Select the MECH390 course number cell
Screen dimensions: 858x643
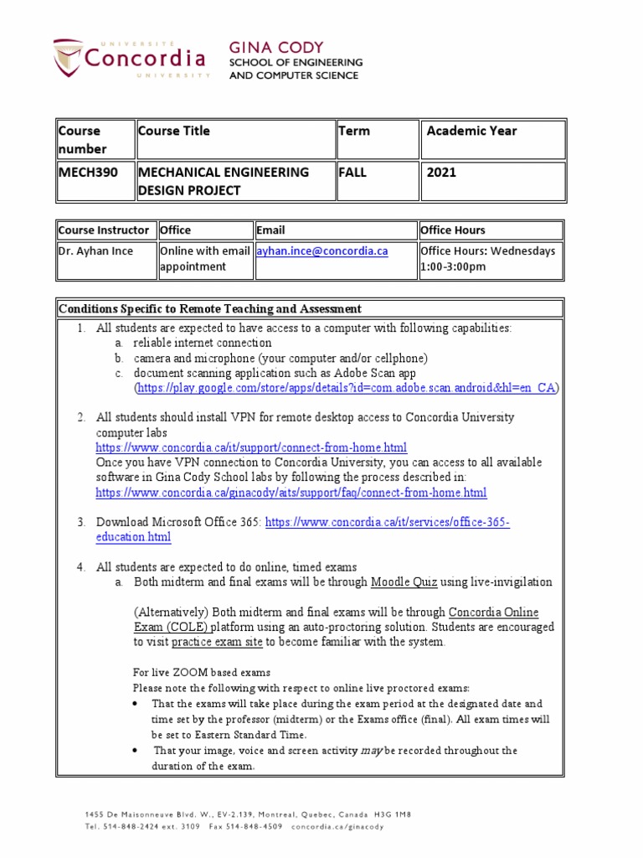[x=88, y=172]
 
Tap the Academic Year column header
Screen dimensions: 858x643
[x=471, y=131]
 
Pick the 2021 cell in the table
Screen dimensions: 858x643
[x=441, y=172]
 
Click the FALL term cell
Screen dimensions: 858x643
[x=352, y=172]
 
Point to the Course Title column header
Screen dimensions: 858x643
[x=174, y=131]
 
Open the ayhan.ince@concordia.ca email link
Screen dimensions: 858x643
[x=322, y=251]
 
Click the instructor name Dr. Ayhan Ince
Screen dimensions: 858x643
[x=95, y=251]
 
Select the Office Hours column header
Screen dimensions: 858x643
[x=452, y=230]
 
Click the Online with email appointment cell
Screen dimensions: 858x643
[x=204, y=258]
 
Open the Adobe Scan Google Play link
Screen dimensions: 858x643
[x=347, y=389]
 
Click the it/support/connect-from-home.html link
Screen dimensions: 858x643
[x=251, y=447]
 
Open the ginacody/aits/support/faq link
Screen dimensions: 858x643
[x=291, y=493]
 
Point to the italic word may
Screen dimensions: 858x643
[x=371, y=750]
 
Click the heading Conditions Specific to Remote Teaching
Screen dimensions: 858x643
[x=209, y=308]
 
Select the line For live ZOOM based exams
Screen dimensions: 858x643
[x=202, y=673]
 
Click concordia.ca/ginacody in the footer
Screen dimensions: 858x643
[x=337, y=826]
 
